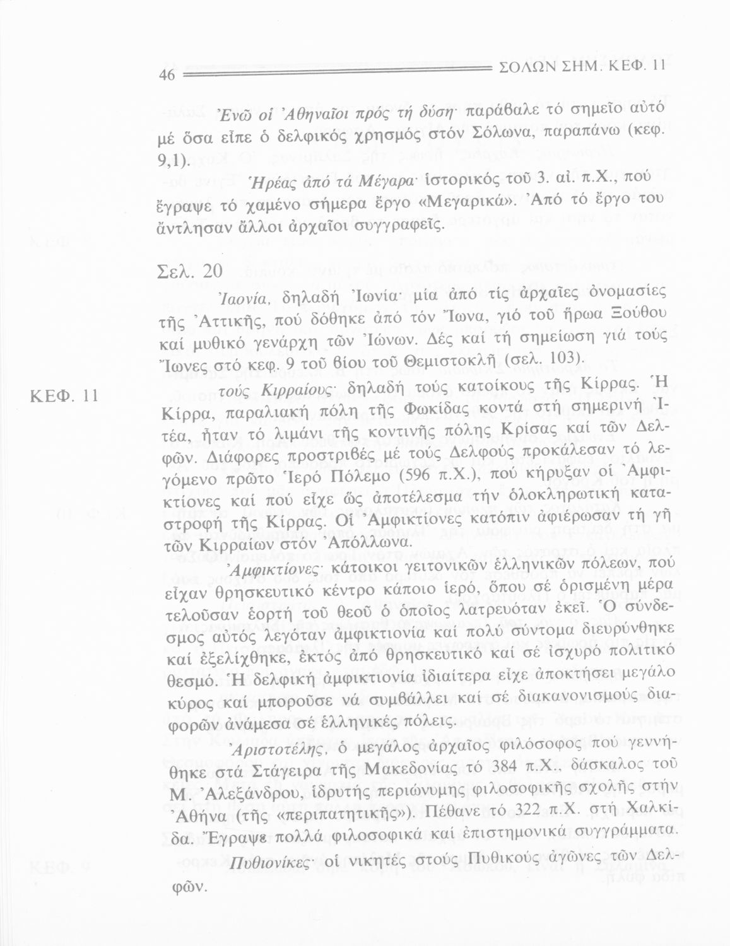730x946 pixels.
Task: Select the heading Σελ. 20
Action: point(188,272)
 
